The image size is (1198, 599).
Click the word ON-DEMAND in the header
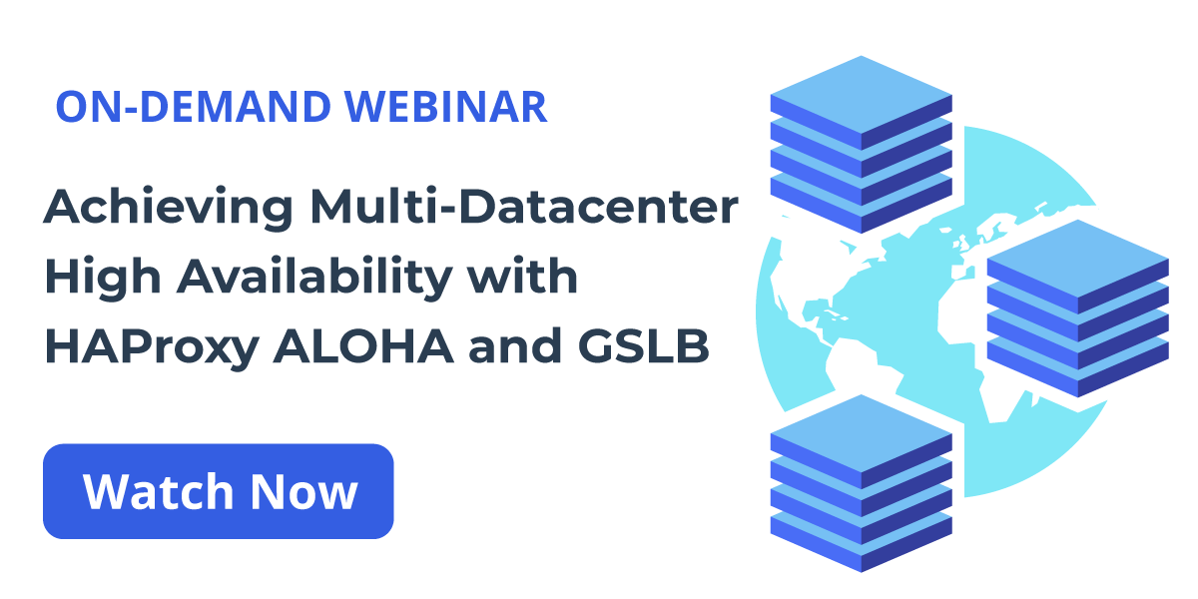pos(193,107)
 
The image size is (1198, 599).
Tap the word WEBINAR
pos(445,107)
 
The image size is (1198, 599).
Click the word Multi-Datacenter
pos(524,207)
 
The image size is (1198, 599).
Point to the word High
pos(102,279)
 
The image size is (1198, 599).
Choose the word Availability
pos(315,279)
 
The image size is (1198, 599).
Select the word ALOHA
pos(363,346)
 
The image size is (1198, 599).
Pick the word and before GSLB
pos(515,345)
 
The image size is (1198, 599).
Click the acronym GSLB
pos(643,345)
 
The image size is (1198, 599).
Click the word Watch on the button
pos(158,492)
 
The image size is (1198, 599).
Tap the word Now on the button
pos(303,492)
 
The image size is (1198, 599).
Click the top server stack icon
pos(861,145)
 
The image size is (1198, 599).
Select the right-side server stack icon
pos(1077,308)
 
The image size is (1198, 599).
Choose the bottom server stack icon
pos(861,483)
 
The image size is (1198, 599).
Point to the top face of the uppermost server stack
pos(861,95)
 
